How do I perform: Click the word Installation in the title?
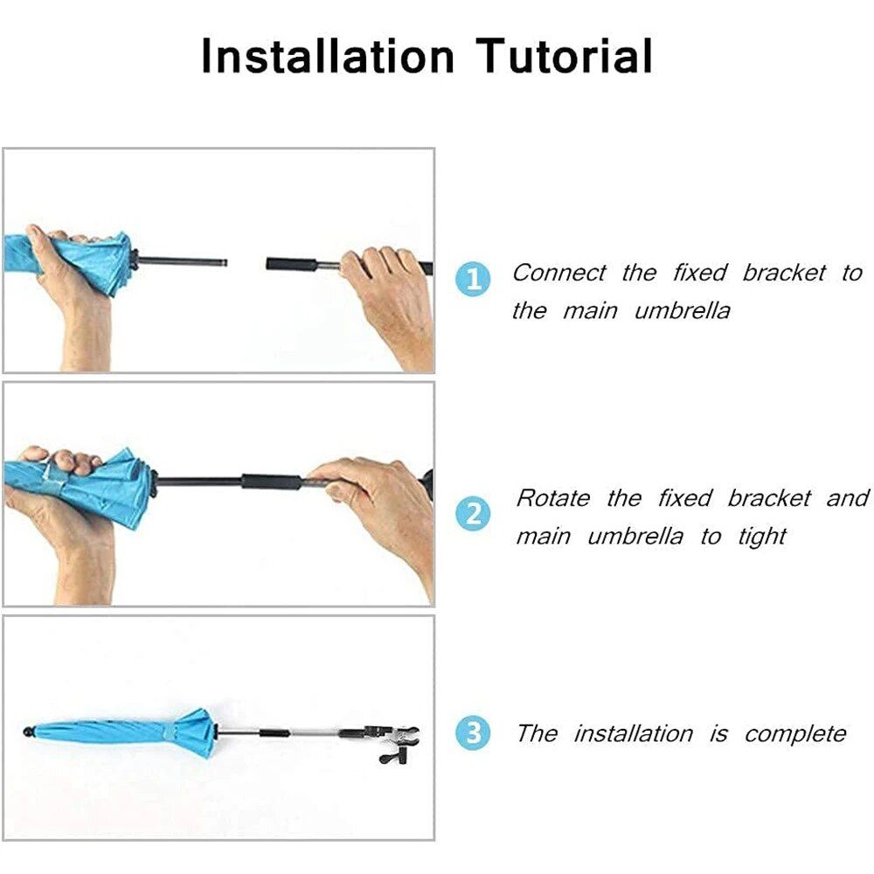coord(328,56)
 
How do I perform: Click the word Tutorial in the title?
coord(565,56)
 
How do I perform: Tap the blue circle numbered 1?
coord(473,278)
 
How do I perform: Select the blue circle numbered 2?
coord(473,513)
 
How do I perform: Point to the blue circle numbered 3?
coord(473,732)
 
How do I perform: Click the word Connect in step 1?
coord(558,273)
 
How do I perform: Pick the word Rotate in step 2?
coord(552,498)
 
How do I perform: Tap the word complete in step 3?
coord(795,734)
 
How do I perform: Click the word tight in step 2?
coord(762,538)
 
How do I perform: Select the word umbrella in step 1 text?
coord(683,310)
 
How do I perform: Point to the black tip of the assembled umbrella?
coord(28,732)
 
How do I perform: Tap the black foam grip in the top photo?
coord(292,264)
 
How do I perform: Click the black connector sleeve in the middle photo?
coord(272,482)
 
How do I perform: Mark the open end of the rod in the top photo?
coord(224,262)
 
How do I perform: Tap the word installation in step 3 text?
coord(634,733)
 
